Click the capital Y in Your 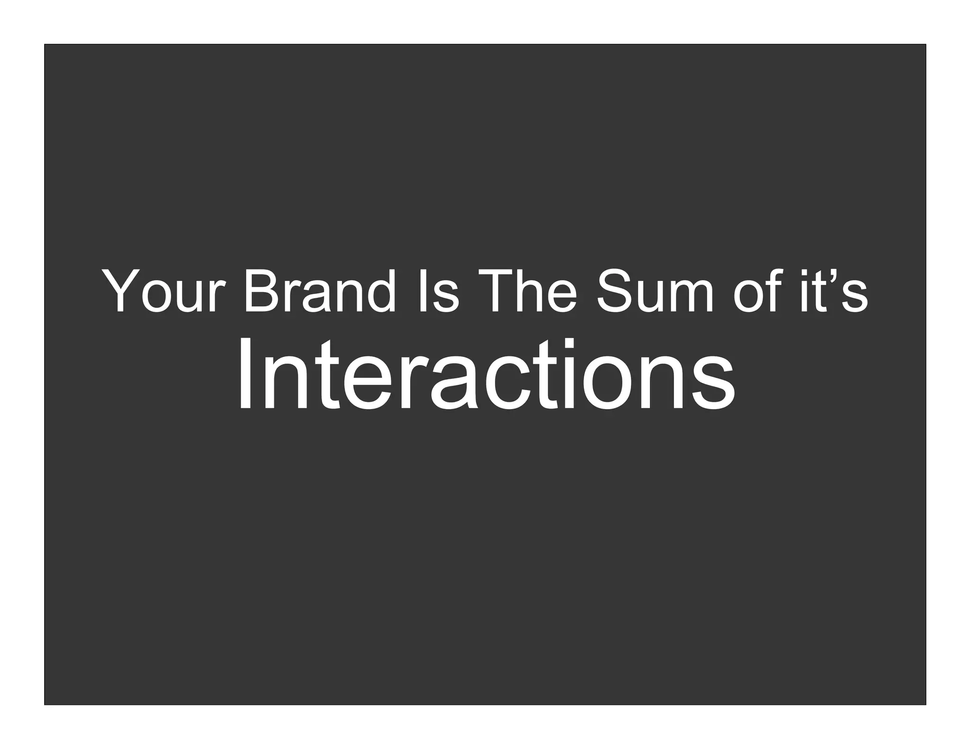tap(121, 290)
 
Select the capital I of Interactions tap(244, 374)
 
